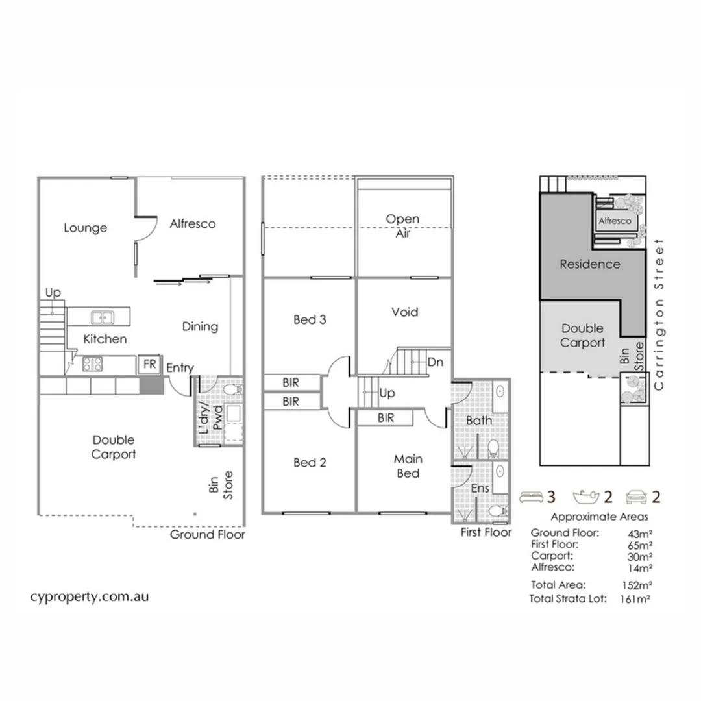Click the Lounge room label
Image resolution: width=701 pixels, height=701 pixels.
pyautogui.click(x=85, y=228)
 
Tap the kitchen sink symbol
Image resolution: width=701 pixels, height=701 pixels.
pyautogui.click(x=103, y=317)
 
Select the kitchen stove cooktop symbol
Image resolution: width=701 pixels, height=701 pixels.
pyautogui.click(x=92, y=364)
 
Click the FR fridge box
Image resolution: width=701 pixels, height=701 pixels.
pyautogui.click(x=149, y=364)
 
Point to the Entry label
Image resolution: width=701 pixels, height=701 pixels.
pyautogui.click(x=180, y=368)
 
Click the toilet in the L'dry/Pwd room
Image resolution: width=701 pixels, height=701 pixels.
pyautogui.click(x=232, y=390)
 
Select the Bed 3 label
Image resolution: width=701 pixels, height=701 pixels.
pyautogui.click(x=310, y=319)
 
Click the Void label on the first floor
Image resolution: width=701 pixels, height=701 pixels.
pyautogui.click(x=405, y=312)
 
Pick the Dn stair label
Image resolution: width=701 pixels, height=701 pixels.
pyautogui.click(x=435, y=362)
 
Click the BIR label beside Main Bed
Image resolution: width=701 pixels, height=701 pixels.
pyautogui.click(x=386, y=419)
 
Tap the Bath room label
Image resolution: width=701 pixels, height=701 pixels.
pyautogui.click(x=479, y=421)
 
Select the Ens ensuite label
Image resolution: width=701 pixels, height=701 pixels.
pyautogui.click(x=480, y=487)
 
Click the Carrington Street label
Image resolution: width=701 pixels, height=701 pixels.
pyautogui.click(x=660, y=315)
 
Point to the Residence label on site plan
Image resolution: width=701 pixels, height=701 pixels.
pyautogui.click(x=589, y=264)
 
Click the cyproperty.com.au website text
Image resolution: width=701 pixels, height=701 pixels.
pyautogui.click(x=90, y=596)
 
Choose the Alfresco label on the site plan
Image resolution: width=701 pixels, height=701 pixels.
pyautogui.click(x=615, y=221)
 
